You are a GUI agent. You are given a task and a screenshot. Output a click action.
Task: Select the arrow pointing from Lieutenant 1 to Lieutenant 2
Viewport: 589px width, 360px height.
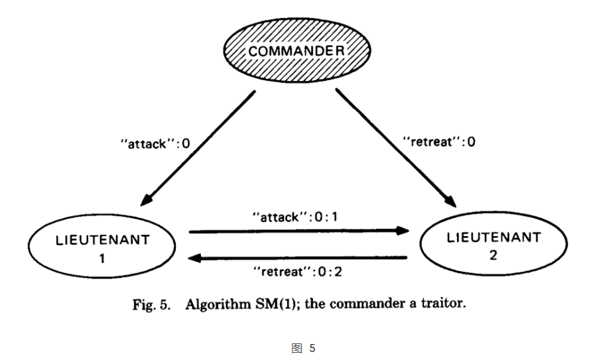(298, 231)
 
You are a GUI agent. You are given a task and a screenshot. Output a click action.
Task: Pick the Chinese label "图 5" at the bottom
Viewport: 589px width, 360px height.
(303, 347)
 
